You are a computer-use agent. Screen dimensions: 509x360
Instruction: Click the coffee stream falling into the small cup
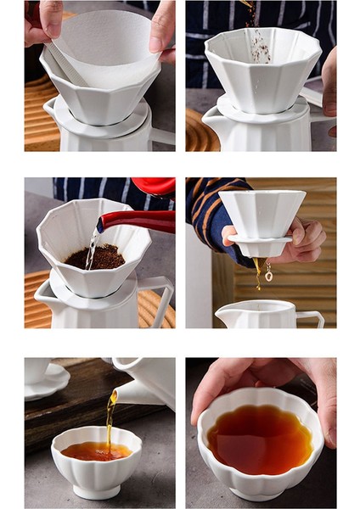pyautogui.click(x=110, y=420)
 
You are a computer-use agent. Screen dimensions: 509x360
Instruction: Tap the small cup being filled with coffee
pyautogui.click(x=95, y=462)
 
